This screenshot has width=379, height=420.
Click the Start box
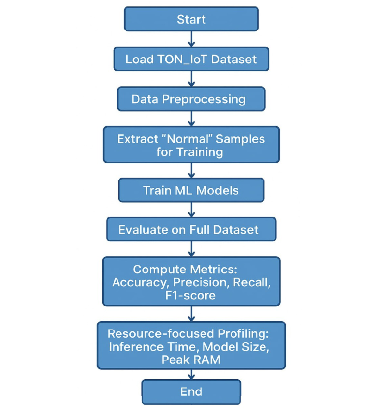point(191,20)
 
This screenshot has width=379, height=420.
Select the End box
point(191,391)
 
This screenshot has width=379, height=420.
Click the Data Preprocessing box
point(191,99)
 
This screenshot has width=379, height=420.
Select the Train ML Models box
point(191,190)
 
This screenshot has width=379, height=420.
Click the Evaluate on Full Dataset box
point(191,230)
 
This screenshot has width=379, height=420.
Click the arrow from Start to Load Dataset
point(191,39)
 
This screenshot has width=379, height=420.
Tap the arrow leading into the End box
point(191,375)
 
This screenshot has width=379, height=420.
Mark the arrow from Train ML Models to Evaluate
point(191,210)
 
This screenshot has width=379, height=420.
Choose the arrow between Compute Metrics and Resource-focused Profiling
point(191,314)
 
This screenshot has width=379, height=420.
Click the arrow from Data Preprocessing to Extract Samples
point(191,119)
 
